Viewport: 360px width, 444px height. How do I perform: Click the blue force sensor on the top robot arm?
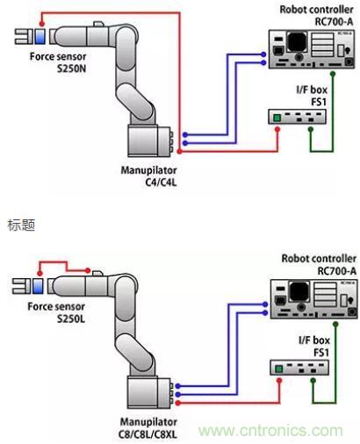point(40,37)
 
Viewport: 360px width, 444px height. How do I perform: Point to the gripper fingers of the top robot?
point(20,37)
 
